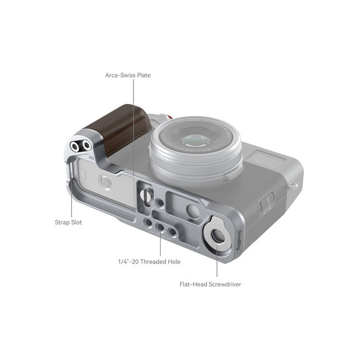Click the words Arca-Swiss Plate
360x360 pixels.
coord(127,75)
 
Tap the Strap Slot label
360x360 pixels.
coord(68,222)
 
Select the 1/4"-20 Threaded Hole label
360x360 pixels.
coord(149,261)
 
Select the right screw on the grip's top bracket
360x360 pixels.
coord(86,145)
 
